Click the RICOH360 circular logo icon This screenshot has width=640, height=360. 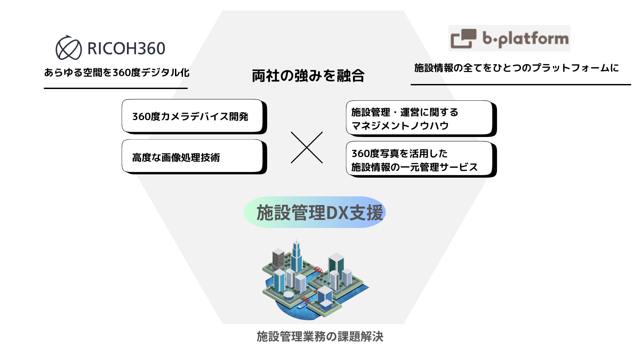click(x=68, y=48)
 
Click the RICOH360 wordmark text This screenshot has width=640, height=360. click(x=126, y=49)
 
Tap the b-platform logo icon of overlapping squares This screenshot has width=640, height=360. click(x=463, y=39)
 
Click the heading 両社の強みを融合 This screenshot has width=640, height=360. click(x=308, y=76)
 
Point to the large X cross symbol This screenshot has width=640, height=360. click(x=307, y=147)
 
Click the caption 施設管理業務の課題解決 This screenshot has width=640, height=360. click(x=320, y=337)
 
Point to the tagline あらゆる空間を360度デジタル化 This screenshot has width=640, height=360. click(x=117, y=72)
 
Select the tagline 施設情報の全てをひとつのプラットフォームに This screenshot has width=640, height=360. click(x=516, y=68)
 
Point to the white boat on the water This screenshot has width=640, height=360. click(x=302, y=306)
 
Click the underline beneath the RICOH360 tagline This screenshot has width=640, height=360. click(x=116, y=88)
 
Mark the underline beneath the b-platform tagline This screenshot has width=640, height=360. click(x=521, y=85)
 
